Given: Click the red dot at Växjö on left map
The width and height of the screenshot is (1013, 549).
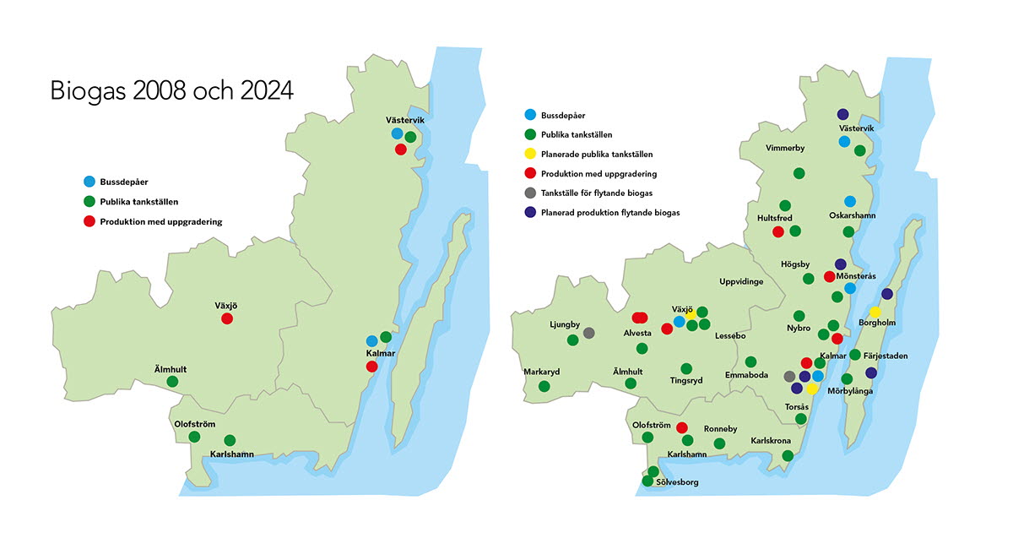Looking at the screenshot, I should (x=226, y=318).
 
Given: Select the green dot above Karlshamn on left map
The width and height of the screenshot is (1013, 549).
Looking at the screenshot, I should (x=230, y=440).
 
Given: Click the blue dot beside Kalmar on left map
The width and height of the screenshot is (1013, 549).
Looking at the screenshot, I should (x=372, y=340).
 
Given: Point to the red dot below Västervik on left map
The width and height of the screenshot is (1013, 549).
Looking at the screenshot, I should (x=401, y=149).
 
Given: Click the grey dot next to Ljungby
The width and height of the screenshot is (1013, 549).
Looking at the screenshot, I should (x=588, y=333).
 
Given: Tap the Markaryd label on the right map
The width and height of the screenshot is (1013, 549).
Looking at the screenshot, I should (x=541, y=372).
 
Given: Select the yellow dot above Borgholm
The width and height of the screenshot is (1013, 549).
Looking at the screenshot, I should (x=875, y=312).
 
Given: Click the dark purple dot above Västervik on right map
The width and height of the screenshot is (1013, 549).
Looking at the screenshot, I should (x=842, y=114).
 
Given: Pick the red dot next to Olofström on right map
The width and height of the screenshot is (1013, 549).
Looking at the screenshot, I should (x=682, y=427).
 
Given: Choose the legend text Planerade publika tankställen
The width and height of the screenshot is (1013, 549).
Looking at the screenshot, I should (x=596, y=155).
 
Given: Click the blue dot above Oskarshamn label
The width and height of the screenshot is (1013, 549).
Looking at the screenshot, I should (x=850, y=201).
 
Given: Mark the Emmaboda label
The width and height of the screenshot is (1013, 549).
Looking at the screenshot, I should (x=746, y=375).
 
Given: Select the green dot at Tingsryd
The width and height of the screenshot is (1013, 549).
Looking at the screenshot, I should (x=686, y=368).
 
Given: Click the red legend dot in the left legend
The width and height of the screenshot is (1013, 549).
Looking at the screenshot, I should (x=89, y=221).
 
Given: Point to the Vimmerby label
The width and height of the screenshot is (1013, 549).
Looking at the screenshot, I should (x=785, y=148).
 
